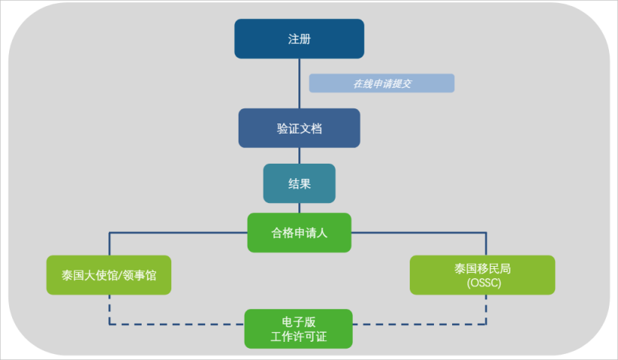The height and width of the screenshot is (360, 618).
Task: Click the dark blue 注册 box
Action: tap(299, 39)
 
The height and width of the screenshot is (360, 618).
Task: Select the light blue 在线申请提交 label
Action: tap(381, 83)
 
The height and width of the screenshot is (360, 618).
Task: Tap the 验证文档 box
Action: tap(299, 128)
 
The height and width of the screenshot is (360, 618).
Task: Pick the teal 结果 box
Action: tap(299, 183)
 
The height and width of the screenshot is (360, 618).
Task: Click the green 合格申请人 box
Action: tap(299, 233)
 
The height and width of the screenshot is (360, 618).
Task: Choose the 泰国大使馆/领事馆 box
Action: tap(108, 275)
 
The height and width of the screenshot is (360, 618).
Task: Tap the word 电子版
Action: tap(299, 321)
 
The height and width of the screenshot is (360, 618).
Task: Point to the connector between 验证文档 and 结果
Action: tap(299, 155)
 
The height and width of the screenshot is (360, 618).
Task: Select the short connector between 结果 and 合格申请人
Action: tap(299, 208)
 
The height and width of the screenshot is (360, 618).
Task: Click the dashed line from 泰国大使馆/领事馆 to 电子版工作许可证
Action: tap(174, 324)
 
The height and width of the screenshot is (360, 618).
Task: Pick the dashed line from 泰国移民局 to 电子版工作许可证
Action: tap(424, 324)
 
